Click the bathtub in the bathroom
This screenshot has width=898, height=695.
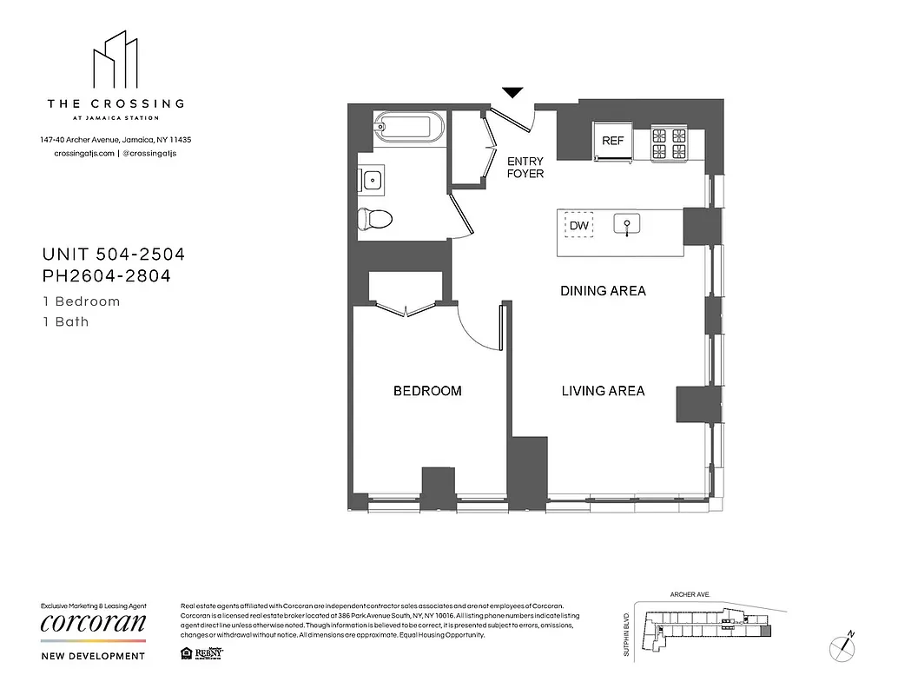tap(409, 128)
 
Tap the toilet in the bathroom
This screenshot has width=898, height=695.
tap(375, 217)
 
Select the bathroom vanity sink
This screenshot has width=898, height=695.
tap(372, 181)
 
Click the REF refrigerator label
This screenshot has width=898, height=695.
tap(613, 140)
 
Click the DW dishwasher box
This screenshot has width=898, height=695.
tap(579, 226)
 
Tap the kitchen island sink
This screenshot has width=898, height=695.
tap(627, 226)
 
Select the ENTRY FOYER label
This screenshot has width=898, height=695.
tap(525, 168)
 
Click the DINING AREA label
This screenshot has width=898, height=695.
tap(603, 291)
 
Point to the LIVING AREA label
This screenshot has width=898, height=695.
tap(603, 391)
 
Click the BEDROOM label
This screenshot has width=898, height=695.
tap(427, 391)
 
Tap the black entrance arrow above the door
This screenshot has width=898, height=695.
tap(513, 92)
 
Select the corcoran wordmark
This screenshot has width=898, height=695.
tap(93, 623)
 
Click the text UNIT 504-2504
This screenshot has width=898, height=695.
tap(114, 255)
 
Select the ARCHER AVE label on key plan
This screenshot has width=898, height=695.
tap(690, 595)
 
